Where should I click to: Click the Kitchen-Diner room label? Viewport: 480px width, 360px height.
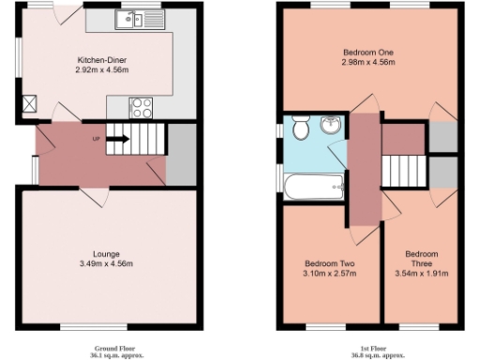[102, 61]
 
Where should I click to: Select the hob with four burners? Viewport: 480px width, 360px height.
[142, 107]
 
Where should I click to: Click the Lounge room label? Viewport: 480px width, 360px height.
[106, 254]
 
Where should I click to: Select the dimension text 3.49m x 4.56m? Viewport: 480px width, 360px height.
[106, 264]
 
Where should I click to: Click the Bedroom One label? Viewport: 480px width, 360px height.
[366, 52]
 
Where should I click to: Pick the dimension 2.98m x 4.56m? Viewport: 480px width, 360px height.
[366, 63]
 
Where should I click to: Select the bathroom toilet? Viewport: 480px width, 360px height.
[300, 127]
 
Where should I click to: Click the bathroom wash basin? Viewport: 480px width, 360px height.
[329, 125]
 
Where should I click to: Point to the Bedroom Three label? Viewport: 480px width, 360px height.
[421, 259]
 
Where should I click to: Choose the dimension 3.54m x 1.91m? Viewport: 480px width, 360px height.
[421, 274]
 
